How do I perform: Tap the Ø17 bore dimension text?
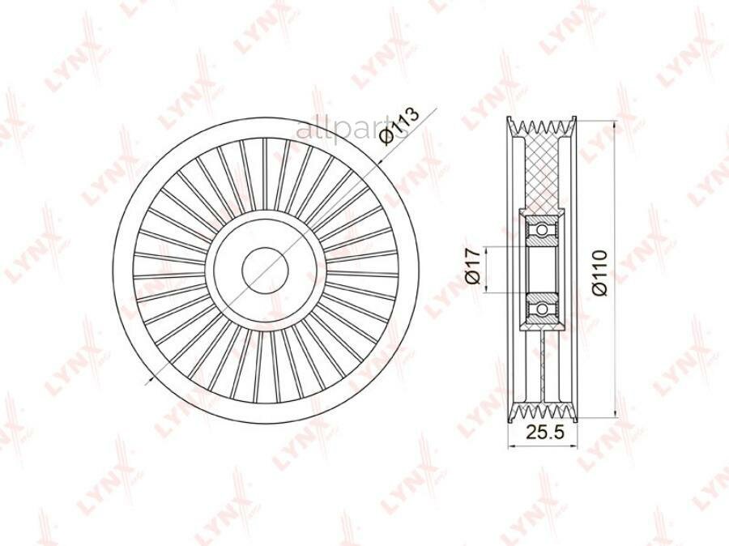pos(472,266)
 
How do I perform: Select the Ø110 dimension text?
pos(600,272)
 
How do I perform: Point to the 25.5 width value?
pos(544,432)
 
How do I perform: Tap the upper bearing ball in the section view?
pos(542,230)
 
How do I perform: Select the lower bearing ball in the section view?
pos(542,309)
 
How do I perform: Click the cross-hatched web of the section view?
pos(542,172)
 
